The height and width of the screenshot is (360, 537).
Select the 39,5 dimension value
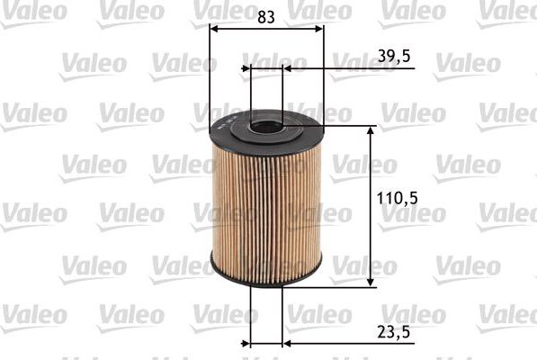click(394, 57)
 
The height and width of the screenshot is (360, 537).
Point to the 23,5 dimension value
click(394, 330)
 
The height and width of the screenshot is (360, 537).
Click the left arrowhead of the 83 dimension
click(213, 28)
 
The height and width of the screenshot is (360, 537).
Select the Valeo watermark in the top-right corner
click(507, 10)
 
